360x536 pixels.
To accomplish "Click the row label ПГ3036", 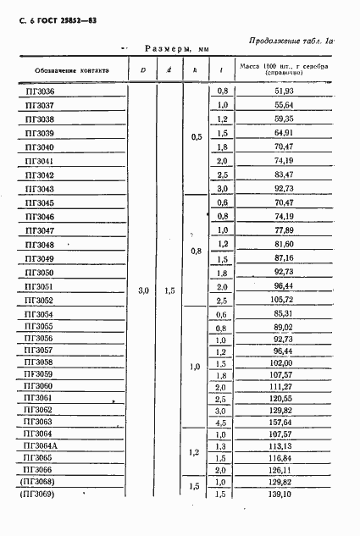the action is coord(39,91).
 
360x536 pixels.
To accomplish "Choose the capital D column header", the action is coord(142,69).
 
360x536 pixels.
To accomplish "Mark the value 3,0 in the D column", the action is coord(142,290).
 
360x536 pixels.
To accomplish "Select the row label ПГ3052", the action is coord(39,301).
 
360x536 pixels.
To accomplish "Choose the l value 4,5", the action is coord(222,422).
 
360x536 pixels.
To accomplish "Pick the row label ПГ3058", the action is coord(39,362).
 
